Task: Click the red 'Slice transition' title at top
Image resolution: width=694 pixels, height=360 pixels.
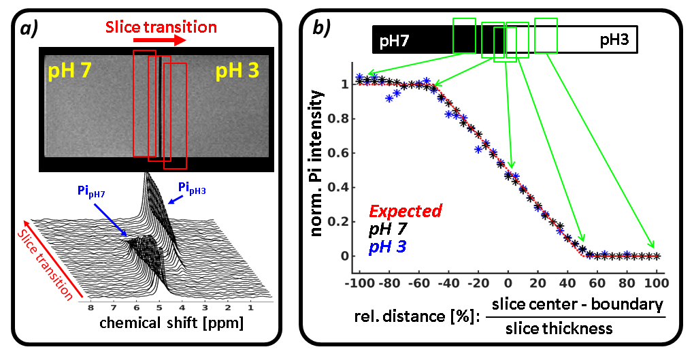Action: pos(161,27)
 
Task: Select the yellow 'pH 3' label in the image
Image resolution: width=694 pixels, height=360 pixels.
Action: pos(237,71)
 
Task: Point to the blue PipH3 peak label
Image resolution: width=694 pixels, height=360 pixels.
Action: pos(193,187)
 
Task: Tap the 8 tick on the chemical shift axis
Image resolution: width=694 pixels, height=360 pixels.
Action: pos(90,308)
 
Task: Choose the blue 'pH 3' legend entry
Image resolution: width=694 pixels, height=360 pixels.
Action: pos(388,247)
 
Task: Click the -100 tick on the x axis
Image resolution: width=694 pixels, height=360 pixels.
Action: pos(357,282)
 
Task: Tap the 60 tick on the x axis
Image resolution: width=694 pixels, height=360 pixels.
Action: pos(597,282)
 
